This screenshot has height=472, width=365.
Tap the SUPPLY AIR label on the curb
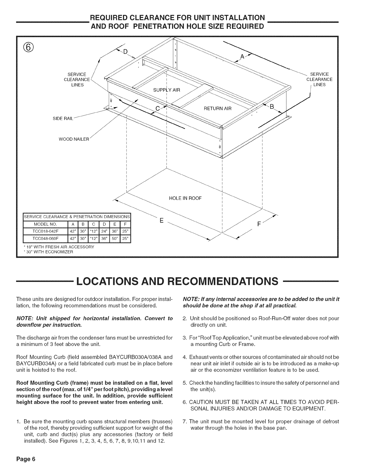tap(166, 90)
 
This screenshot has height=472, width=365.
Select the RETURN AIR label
tap(217, 108)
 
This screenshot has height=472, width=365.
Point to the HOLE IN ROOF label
tap(185, 198)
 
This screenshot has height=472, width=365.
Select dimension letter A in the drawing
tap(243, 57)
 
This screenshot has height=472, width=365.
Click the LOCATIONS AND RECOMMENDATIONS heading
tap(177, 281)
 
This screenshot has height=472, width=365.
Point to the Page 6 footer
tap(26, 459)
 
